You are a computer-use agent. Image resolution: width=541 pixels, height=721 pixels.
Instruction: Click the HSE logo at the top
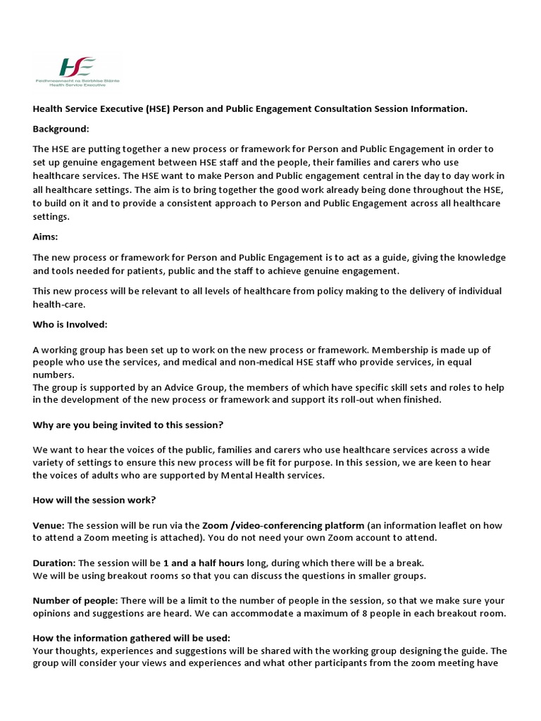tap(77, 70)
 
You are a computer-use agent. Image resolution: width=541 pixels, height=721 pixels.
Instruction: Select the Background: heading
tap(61, 129)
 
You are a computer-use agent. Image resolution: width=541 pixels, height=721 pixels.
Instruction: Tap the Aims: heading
tap(46, 237)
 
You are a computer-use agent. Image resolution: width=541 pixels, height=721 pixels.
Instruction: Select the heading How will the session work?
tap(94, 500)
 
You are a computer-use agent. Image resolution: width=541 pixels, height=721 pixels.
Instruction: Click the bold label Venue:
tap(49, 525)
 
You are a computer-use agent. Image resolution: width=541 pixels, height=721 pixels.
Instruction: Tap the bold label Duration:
tap(54, 563)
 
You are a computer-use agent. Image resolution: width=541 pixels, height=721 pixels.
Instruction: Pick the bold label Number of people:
tap(75, 601)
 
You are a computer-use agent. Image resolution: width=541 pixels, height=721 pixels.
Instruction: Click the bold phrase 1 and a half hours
tap(204, 563)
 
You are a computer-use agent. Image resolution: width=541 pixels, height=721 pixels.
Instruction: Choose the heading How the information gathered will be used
tap(131, 638)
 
